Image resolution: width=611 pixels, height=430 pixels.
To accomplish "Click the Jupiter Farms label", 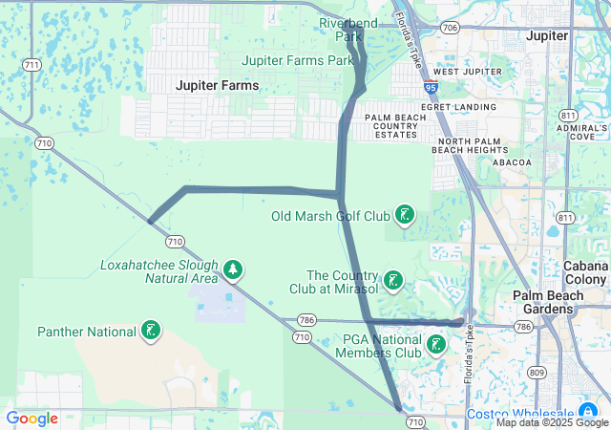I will pos(217,85).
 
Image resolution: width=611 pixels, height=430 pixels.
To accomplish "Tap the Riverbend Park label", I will pos(349,30).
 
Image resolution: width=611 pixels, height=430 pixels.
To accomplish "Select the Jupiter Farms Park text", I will pos(298,59).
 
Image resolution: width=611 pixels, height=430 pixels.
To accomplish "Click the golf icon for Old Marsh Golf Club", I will pos(406,215).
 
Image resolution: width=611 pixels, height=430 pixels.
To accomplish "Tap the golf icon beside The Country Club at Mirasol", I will pos(392,282).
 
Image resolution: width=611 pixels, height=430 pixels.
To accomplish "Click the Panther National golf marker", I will pos(150,332).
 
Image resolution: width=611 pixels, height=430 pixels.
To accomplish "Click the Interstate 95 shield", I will pos(432,86).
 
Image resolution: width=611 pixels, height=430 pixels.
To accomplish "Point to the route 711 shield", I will pos(33,64).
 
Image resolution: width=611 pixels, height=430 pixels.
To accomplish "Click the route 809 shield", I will pos(537,372).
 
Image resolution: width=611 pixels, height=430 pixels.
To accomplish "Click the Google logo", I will pos(32,419).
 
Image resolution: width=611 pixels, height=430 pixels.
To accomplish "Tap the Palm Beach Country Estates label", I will pos(395,125).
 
